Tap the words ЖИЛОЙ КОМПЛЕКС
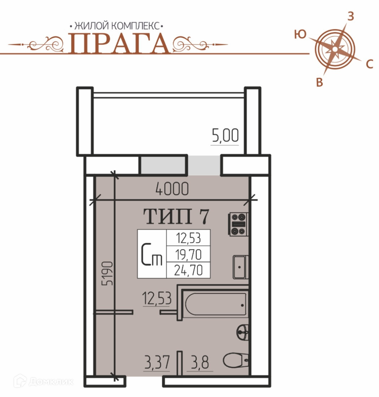[116, 26]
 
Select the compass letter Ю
[300, 34]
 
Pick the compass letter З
[350, 16]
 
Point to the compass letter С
[370, 64]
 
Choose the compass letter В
[319, 82]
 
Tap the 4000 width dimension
[172, 189]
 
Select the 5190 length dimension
[107, 273]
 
